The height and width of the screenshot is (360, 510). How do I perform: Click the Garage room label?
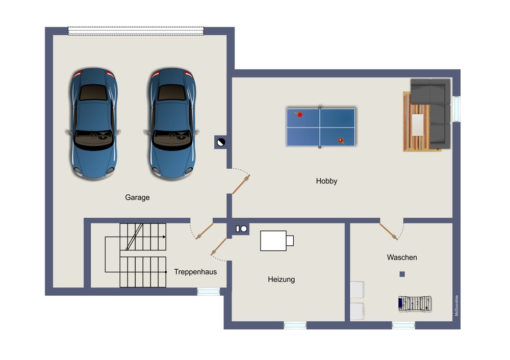tap(137, 197)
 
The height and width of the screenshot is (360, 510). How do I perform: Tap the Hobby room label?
tap(326, 181)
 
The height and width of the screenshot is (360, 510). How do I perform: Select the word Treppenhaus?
tap(195, 272)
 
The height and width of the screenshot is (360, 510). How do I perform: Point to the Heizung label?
tap(282, 279)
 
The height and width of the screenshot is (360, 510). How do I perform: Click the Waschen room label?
tap(402, 257)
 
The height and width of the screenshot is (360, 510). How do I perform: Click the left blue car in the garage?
tap(93, 123)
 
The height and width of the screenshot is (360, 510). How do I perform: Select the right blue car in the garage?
tap(172, 123)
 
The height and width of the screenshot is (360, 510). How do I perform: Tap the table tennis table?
tap(320, 127)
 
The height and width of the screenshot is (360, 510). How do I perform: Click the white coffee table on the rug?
tap(418, 125)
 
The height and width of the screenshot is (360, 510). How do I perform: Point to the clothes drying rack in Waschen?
tap(415, 304)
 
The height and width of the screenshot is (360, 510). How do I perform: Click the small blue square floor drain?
tap(402, 274)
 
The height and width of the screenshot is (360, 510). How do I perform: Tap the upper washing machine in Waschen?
tap(357, 290)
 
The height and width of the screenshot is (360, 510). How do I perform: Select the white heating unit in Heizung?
tap(277, 241)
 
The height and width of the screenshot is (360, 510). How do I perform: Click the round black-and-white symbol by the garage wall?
tap(221, 142)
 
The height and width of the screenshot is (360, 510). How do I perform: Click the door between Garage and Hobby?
tap(241, 185)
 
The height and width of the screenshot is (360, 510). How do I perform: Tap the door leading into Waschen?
tap(388, 232)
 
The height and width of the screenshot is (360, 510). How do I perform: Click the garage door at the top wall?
tap(136, 31)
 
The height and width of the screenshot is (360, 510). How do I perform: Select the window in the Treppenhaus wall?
tap(209, 292)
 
